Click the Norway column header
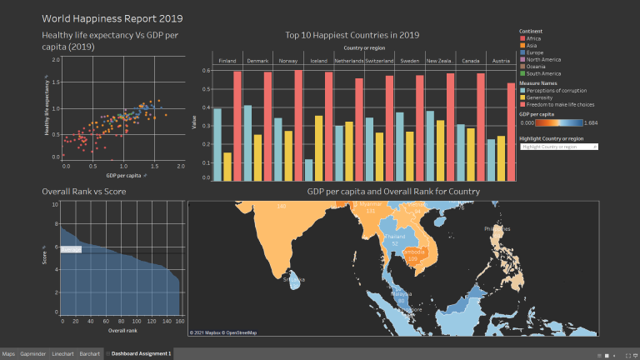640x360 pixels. pos(288,61)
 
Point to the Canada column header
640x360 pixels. pos(471,61)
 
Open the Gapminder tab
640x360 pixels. pos(33,354)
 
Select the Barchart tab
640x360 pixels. pos(89,354)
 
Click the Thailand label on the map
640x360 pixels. pos(389,237)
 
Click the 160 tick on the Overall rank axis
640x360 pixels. pos(179,321)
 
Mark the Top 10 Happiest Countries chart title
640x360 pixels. pos(352,35)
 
